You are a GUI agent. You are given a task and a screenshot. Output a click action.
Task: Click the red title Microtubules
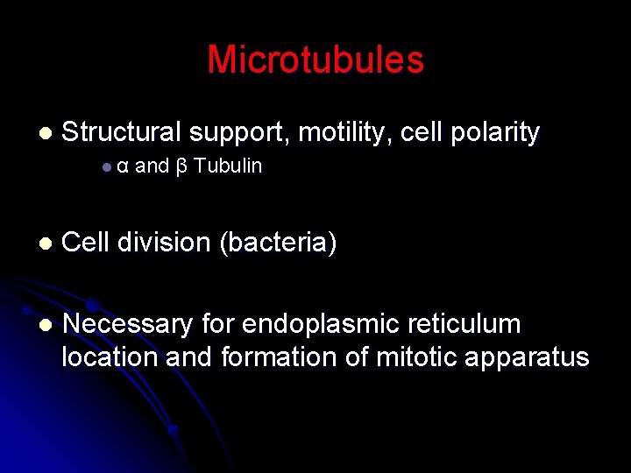click(315, 60)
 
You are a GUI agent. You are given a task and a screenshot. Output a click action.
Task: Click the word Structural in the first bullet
click(122, 132)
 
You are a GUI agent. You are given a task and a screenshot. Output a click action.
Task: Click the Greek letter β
click(181, 166)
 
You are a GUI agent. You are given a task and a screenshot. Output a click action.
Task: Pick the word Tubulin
click(228, 166)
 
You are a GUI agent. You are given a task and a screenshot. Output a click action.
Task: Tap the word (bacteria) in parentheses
click(278, 243)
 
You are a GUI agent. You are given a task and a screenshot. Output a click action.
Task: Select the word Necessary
click(128, 324)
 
